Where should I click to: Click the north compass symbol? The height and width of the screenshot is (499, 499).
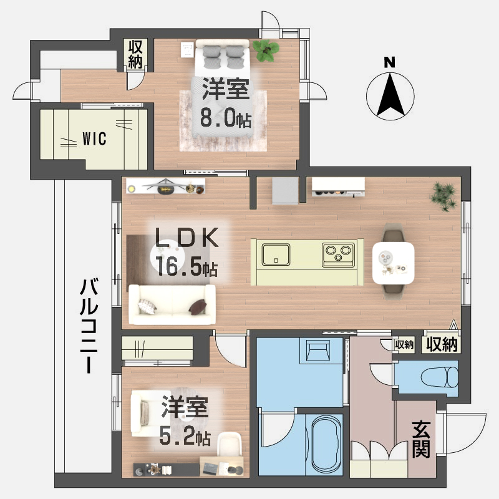pyautogui.click(x=389, y=94)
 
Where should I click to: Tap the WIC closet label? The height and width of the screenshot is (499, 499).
pyautogui.click(x=94, y=138)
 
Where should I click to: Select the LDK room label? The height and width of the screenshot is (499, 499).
pyautogui.click(x=187, y=239)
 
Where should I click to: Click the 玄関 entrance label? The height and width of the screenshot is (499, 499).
pyautogui.click(x=422, y=438)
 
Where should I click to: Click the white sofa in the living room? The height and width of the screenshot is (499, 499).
pyautogui.click(x=172, y=305)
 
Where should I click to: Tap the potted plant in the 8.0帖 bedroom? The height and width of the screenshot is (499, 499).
pyautogui.click(x=266, y=50)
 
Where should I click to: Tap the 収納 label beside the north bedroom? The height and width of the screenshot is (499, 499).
pyautogui.click(x=135, y=54)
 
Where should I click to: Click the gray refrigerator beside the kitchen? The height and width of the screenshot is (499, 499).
pyautogui.click(x=286, y=190)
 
